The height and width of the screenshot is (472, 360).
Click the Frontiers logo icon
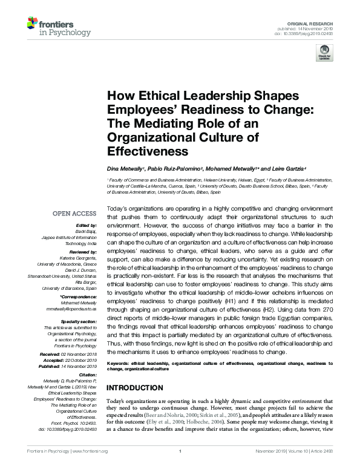(31, 25)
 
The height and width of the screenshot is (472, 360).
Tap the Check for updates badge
(324, 52)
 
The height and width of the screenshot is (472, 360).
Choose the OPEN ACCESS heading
(74, 214)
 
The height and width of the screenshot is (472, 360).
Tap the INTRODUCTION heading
(136, 387)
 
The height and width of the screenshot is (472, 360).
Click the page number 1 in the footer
(180, 468)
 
